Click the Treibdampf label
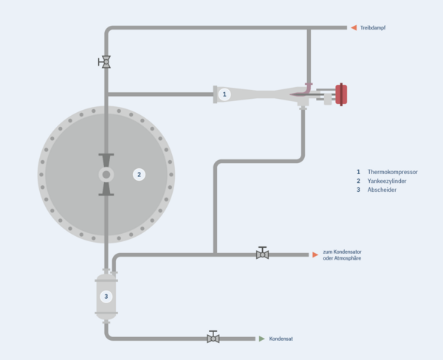(374, 28)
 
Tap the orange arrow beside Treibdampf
(354, 28)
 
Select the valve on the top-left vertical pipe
(106, 62)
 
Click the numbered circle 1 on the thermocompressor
(225, 94)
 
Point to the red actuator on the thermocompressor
(342, 94)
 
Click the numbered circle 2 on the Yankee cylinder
(138, 175)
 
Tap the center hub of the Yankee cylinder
(106, 175)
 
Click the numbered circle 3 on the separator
(106, 297)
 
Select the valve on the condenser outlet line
(262, 254)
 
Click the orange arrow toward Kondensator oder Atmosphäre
(315, 255)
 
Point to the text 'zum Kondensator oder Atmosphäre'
(342, 255)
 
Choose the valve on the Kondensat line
(213, 338)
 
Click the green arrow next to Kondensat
(261, 339)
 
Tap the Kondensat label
(281, 339)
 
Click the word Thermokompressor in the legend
(392, 172)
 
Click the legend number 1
(358, 172)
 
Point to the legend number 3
(358, 190)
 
